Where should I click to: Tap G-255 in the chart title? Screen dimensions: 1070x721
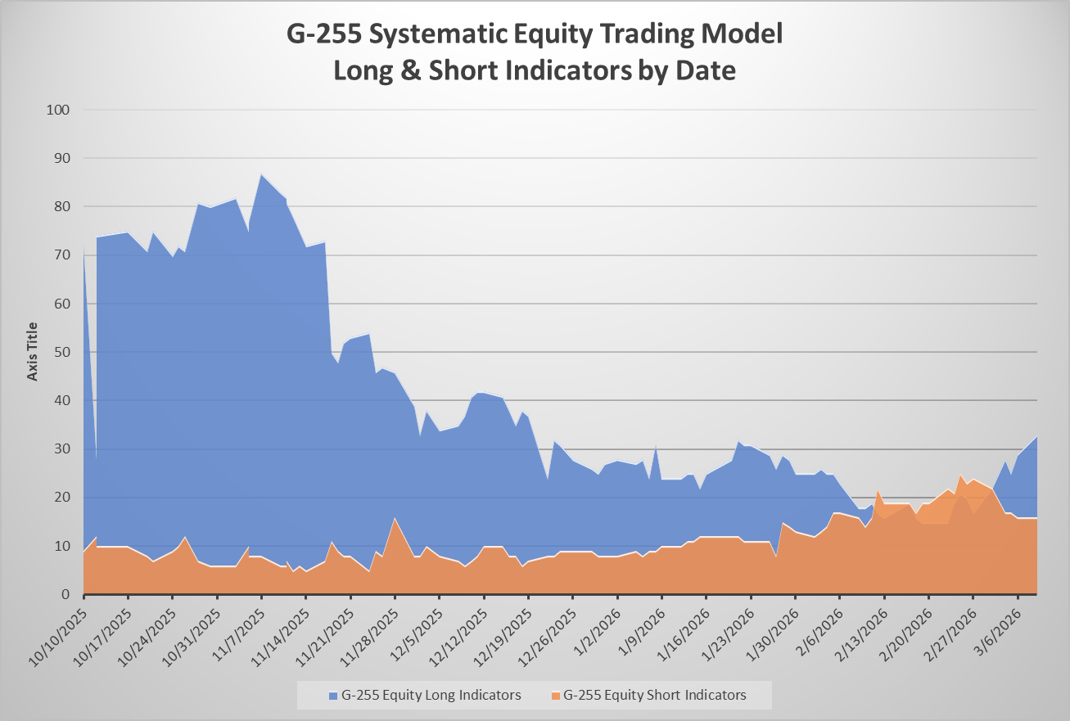[x=323, y=34]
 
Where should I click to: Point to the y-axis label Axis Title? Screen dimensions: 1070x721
[x=32, y=351]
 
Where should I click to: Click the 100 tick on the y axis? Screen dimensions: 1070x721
[x=58, y=110]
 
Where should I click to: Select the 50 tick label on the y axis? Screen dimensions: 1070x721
[x=61, y=352]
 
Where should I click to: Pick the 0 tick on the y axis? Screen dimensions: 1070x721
[x=65, y=594]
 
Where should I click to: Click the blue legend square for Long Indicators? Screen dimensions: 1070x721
[x=333, y=696]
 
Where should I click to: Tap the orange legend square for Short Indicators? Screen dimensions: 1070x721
[x=556, y=696]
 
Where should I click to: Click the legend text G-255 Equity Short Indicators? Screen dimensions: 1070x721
[x=654, y=695]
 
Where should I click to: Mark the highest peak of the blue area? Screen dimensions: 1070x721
[x=261, y=174]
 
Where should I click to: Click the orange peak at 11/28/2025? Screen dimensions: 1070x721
[x=395, y=518]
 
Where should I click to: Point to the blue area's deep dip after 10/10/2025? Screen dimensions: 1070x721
[x=97, y=458]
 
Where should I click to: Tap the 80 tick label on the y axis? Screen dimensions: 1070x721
[x=61, y=207]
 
